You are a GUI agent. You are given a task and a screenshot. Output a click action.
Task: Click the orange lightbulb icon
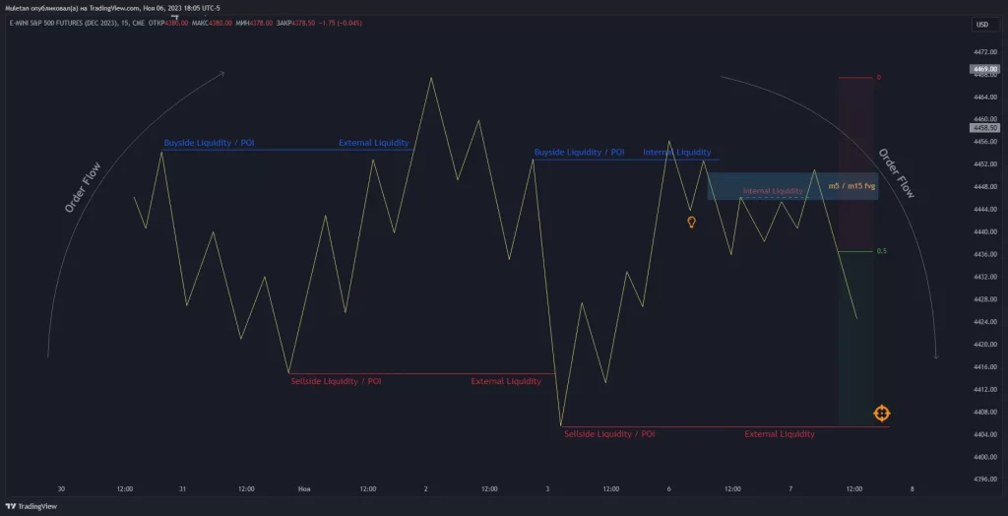691,223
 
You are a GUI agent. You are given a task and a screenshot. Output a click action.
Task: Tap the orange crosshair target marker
881,414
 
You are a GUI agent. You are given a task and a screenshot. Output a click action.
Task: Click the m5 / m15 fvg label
851,185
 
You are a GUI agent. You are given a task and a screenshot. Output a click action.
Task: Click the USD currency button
981,25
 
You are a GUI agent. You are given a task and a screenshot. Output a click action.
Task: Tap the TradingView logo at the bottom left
31,506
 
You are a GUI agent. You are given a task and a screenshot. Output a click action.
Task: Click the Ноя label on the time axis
303,488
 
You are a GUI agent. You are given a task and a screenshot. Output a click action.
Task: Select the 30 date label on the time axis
61,488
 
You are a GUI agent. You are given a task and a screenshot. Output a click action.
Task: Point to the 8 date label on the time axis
913,488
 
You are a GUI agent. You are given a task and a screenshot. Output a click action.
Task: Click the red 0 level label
878,77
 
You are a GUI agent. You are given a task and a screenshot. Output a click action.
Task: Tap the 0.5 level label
881,251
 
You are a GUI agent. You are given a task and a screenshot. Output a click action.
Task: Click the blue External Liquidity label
373,143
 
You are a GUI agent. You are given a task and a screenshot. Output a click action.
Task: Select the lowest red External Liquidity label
779,434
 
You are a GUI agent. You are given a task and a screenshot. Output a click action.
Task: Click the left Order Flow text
83,187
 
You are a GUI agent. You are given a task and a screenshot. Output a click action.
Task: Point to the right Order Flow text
896,173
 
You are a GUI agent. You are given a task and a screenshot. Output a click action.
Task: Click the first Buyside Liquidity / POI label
209,143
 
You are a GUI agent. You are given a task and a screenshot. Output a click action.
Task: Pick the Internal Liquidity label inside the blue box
773,191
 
